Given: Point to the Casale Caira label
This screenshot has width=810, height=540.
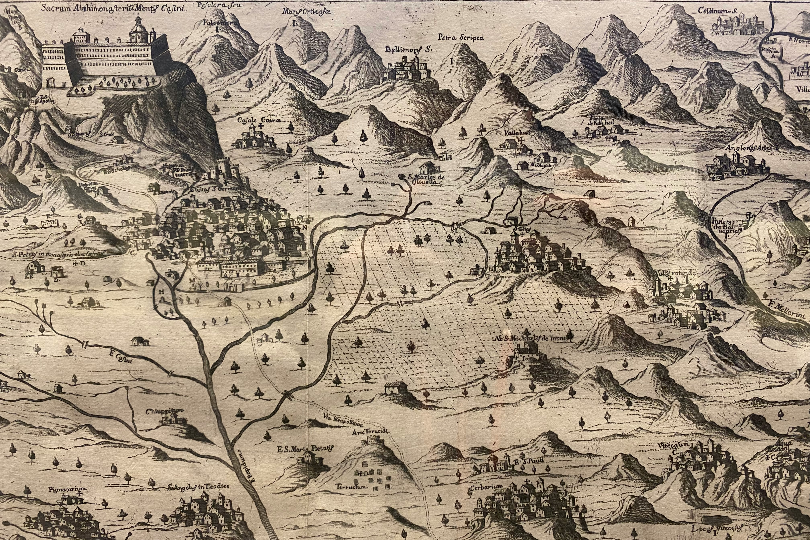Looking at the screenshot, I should pyautogui.click(x=257, y=120).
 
